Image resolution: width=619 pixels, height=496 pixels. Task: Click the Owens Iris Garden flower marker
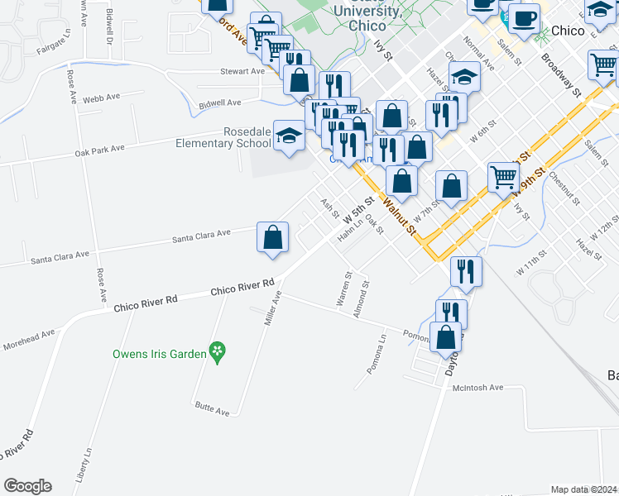click(x=217, y=351)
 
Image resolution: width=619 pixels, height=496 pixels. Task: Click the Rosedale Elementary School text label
click(x=223, y=137)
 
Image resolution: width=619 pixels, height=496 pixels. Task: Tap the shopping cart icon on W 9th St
click(x=503, y=177)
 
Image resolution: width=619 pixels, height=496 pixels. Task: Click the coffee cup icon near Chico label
click(x=523, y=18)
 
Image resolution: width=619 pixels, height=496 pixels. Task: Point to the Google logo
click(x=27, y=486)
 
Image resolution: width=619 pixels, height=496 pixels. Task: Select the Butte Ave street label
click(x=212, y=406)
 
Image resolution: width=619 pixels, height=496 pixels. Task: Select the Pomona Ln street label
click(x=377, y=353)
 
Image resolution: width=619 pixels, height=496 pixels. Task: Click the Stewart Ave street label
click(x=242, y=71)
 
